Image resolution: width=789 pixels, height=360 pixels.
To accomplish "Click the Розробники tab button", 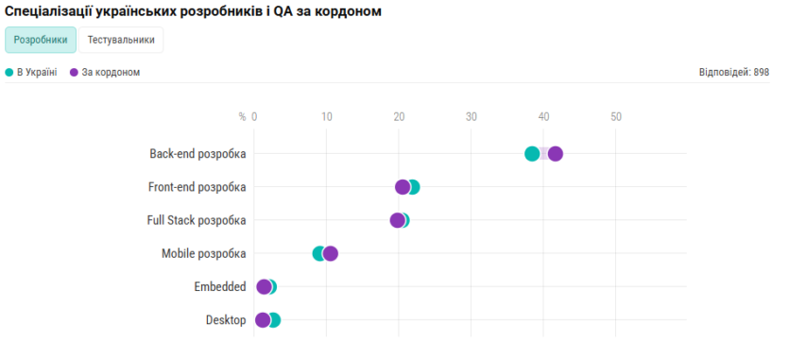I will pyautogui.click(x=41, y=40).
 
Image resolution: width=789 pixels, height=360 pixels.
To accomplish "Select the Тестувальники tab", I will pyautogui.click(x=121, y=40).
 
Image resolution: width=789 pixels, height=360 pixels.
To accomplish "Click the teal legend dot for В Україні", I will pyautogui.click(x=9, y=72).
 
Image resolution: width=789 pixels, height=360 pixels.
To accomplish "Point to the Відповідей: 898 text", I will pyautogui.click(x=734, y=72).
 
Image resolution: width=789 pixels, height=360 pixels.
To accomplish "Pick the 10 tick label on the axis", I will pyautogui.click(x=326, y=117).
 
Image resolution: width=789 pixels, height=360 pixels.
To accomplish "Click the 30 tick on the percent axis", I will pyautogui.click(x=471, y=117).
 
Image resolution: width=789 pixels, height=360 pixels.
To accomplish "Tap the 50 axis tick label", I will pyautogui.click(x=616, y=117).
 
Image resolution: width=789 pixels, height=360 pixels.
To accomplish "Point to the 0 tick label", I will pyautogui.click(x=254, y=117).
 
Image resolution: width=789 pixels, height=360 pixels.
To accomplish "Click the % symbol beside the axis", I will pyautogui.click(x=242, y=117).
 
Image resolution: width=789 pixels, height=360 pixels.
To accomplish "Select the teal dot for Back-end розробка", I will pyautogui.click(x=532, y=154).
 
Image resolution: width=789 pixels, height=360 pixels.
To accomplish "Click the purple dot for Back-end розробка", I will pyautogui.click(x=556, y=154).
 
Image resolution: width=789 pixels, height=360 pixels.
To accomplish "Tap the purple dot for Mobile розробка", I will pyautogui.click(x=331, y=253).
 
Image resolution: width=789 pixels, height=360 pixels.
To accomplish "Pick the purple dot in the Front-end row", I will pyautogui.click(x=403, y=187).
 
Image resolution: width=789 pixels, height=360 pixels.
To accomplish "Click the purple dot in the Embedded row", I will pyautogui.click(x=264, y=287).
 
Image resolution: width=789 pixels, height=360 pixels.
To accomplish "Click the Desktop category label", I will pyautogui.click(x=226, y=320).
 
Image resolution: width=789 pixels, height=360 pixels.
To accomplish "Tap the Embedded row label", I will pyautogui.click(x=220, y=287).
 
